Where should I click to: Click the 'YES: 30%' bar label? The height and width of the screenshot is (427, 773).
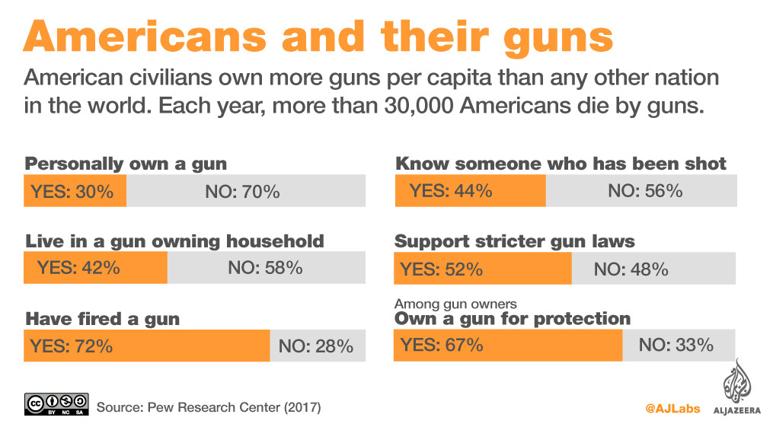(x=72, y=191)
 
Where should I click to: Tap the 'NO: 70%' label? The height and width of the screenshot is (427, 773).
(x=242, y=191)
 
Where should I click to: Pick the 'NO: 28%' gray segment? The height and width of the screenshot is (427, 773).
(x=316, y=346)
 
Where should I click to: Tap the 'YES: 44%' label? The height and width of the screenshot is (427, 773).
(x=451, y=190)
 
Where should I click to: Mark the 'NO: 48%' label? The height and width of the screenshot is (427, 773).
(x=631, y=269)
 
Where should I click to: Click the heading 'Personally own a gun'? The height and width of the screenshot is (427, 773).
(x=126, y=164)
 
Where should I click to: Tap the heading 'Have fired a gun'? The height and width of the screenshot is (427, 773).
(x=103, y=318)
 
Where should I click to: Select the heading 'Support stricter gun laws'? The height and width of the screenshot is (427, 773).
(x=515, y=241)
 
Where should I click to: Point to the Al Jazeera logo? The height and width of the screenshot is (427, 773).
(x=736, y=389)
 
